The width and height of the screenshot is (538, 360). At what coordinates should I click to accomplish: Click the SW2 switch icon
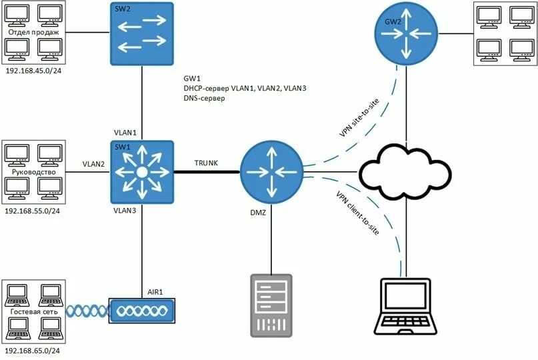click(x=142, y=33)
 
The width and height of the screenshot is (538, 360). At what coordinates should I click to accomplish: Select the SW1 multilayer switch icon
click(x=142, y=172)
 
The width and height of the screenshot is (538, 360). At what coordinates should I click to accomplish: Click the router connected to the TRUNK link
click(x=271, y=173)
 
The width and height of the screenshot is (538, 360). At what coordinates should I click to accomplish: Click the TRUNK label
click(x=207, y=163)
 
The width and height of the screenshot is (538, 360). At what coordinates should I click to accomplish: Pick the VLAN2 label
click(x=94, y=163)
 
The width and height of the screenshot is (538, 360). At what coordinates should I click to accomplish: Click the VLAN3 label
click(x=125, y=211)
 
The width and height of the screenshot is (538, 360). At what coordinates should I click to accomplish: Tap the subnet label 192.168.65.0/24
click(x=33, y=351)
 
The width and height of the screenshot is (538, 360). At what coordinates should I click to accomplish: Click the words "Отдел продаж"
click(x=33, y=31)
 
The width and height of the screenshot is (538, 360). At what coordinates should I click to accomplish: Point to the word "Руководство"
click(x=33, y=171)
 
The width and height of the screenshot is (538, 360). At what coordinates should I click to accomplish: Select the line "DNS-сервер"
click(x=204, y=98)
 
